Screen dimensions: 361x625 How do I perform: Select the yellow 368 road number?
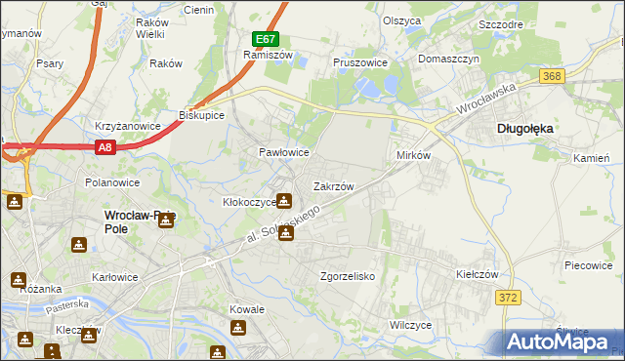coord(553,76)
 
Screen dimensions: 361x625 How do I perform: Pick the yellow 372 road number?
coord(506,298)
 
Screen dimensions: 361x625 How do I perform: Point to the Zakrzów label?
coord(332,185)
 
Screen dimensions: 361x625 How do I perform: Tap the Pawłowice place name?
coord(283,153)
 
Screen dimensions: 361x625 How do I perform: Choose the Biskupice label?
coord(202,115)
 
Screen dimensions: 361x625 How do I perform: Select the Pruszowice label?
coord(360,62)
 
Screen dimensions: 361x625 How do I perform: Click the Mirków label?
coord(414,156)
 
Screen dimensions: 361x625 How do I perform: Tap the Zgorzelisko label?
coord(349,276)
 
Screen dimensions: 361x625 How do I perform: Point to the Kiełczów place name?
coord(479,275)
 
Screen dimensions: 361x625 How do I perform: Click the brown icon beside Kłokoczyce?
coord(283,202)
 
